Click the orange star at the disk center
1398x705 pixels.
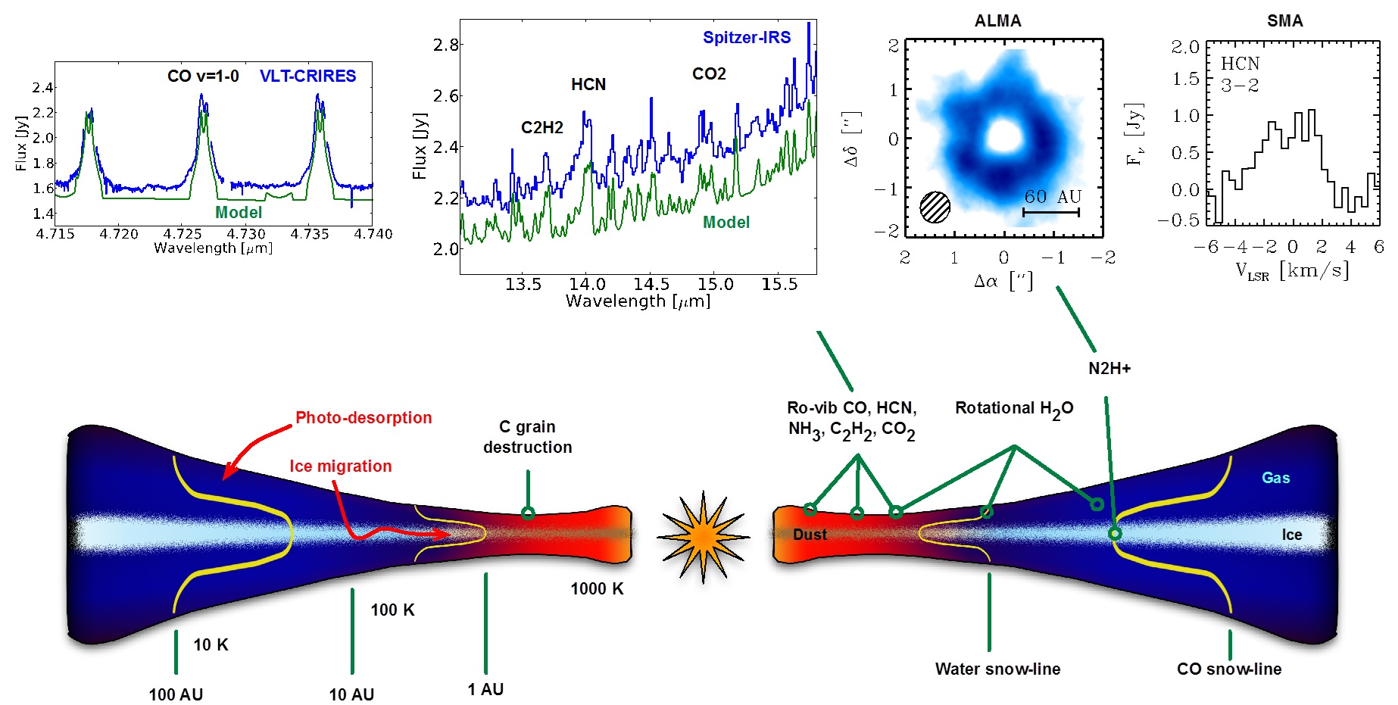704,537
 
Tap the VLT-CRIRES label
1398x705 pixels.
307,76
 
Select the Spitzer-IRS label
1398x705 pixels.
746,37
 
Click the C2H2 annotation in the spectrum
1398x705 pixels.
541,127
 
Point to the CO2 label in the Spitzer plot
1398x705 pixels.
709,73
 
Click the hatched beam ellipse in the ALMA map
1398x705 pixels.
935,207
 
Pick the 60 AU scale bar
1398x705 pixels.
1051,213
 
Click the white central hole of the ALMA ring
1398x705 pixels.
1004,136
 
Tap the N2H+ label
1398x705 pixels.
1109,368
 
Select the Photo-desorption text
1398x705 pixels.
364,417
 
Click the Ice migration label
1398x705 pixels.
340,466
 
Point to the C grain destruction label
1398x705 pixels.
528,437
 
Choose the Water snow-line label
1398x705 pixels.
997,669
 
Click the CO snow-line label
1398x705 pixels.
1228,669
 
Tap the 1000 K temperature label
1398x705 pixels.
597,588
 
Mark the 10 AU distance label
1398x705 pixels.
351,694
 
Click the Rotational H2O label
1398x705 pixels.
1014,408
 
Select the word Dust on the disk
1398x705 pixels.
810,534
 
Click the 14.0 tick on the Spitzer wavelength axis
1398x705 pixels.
587,284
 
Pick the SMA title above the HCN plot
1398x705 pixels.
1284,20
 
